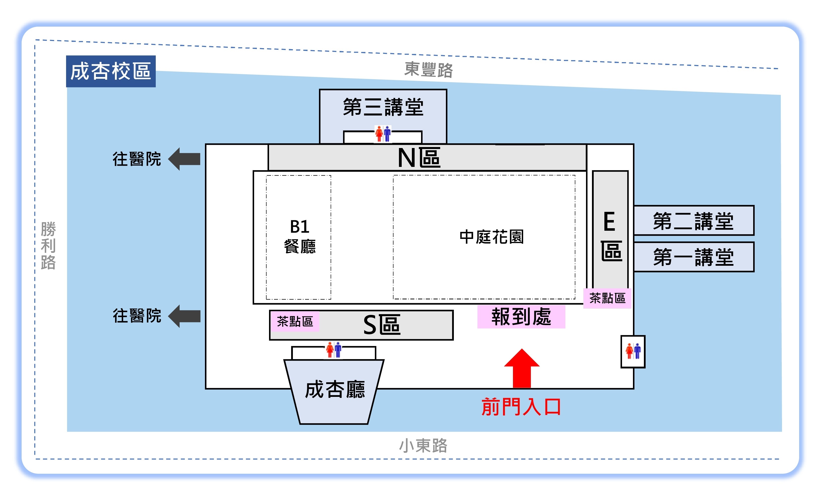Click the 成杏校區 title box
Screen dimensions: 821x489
coord(111,71)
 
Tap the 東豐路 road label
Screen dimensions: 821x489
coord(429,70)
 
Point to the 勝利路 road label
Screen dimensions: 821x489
coord(48,245)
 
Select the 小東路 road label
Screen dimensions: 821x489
coord(423,446)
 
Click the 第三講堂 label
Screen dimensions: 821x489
coord(383,107)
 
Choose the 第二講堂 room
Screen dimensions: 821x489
coord(694,221)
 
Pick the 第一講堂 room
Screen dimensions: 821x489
coord(694,257)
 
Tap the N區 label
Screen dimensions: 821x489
coord(419,157)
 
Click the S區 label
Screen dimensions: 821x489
coord(382,325)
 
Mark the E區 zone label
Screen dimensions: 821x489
coord(611,236)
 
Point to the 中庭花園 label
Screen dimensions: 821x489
coord(491,237)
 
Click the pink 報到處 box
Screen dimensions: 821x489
coord(521,317)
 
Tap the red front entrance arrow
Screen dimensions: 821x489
coord(522,368)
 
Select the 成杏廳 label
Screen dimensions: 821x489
coord(335,389)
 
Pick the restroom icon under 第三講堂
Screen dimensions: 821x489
coord(383,133)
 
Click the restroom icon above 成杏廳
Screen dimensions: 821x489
coord(334,350)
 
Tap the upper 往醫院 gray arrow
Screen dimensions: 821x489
coord(184,159)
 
